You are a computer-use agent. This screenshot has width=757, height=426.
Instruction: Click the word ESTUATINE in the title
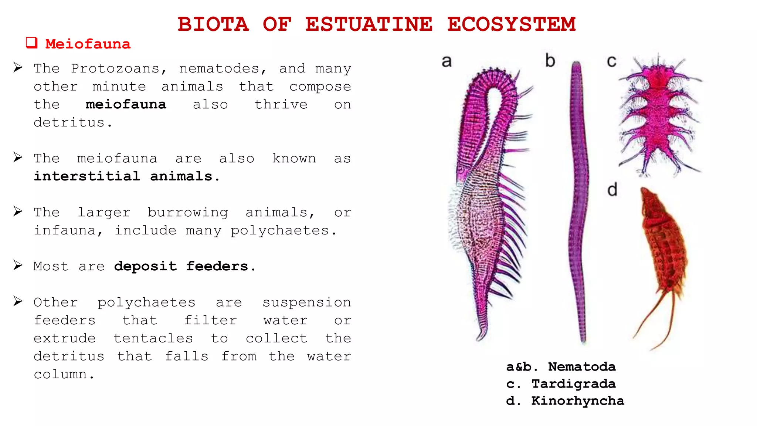click(x=369, y=24)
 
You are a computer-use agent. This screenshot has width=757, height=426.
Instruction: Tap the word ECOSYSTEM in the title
click(x=511, y=24)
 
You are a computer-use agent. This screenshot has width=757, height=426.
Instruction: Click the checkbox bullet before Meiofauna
click(x=32, y=43)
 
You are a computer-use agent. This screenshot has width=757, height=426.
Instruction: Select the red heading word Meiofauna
click(x=88, y=44)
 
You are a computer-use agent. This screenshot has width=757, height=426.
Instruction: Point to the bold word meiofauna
click(x=126, y=104)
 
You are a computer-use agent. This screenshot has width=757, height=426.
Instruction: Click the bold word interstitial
click(x=87, y=176)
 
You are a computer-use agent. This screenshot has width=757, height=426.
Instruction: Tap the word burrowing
click(x=188, y=212)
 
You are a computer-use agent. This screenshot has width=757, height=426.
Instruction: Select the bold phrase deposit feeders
click(x=181, y=266)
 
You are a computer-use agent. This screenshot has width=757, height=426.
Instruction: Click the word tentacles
click(x=153, y=338)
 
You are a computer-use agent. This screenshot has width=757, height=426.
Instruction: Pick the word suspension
click(x=307, y=302)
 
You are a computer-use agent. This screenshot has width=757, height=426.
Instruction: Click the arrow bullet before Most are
click(x=18, y=265)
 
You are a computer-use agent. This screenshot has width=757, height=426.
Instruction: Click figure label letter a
click(x=447, y=61)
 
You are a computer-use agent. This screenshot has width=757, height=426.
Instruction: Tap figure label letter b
click(x=550, y=61)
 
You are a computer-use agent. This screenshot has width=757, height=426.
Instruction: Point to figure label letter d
click(x=612, y=190)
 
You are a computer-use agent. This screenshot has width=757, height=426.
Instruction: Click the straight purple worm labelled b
click(x=578, y=200)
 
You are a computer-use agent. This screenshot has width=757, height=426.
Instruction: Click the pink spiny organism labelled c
click(x=659, y=115)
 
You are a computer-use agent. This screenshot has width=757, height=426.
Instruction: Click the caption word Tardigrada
click(x=573, y=384)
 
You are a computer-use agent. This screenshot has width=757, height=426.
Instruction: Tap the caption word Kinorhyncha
click(x=577, y=401)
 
